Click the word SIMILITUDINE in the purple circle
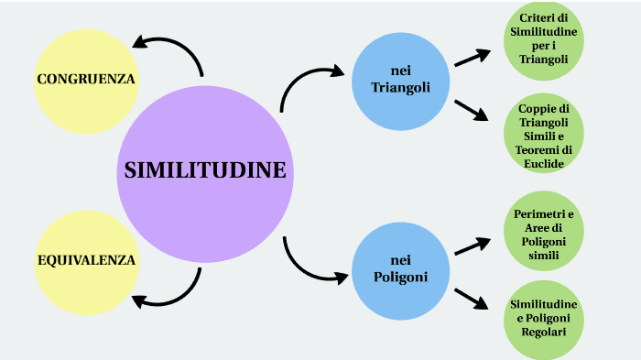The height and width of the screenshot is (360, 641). coord(205,170)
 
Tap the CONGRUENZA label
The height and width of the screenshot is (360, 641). coord(86,79)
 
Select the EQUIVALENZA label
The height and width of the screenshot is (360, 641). coord(86,260)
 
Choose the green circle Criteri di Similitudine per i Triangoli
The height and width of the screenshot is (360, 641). coord(544,38)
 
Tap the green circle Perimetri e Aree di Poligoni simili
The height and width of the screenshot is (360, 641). coord(544,233)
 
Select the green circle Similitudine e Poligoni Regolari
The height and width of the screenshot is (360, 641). coord(544,316)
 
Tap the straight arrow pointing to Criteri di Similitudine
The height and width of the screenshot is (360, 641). coord(472,58)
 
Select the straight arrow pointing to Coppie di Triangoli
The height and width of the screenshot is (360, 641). coord(472,109)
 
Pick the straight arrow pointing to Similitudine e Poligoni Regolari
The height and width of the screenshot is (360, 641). coord(472,297)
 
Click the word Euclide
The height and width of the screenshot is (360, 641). coord(544,163)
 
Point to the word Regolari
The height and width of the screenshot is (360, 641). coord(544,331)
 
